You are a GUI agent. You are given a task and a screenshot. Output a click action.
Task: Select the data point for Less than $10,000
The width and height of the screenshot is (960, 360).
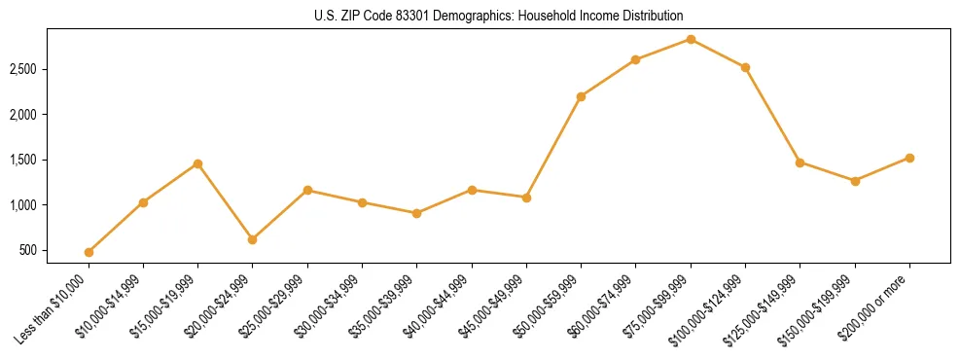pyautogui.click(x=89, y=252)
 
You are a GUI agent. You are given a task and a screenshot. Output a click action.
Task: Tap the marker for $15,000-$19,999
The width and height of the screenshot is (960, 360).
pyautogui.click(x=198, y=163)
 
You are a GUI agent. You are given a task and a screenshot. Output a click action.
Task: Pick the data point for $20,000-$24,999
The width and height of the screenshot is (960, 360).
pyautogui.click(x=253, y=239)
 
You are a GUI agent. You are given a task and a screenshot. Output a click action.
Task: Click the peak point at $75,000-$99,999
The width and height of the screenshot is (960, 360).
pyautogui.click(x=691, y=39)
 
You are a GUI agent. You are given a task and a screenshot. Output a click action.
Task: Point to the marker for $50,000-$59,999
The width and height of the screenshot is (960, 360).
pyautogui.click(x=581, y=96)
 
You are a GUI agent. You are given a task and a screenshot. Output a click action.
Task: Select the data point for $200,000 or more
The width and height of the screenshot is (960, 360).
pyautogui.click(x=909, y=158)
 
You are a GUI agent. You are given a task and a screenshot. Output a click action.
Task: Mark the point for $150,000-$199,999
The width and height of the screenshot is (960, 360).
pyautogui.click(x=855, y=181)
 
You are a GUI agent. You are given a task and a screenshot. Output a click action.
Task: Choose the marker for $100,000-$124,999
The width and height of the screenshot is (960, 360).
pyautogui.click(x=745, y=67)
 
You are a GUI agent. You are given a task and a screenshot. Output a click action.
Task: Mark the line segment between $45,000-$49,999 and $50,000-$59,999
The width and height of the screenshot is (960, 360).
pyautogui.click(x=553, y=147)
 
